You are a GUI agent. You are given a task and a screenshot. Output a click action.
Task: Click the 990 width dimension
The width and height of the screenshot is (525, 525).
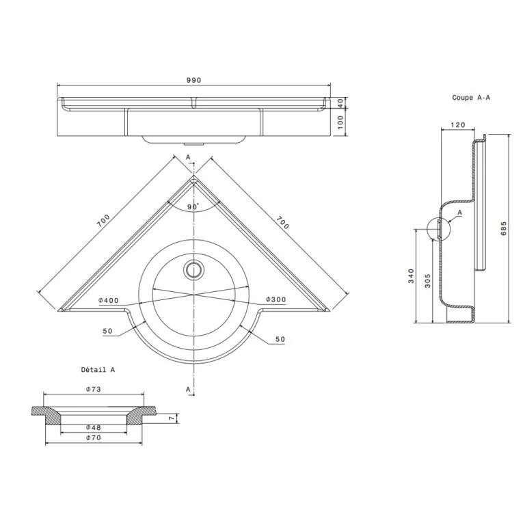point(193,80)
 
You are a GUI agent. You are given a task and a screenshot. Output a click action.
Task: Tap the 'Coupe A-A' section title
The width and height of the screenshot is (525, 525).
point(471,98)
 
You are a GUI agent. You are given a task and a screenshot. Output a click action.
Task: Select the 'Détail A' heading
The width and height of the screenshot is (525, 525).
point(98,369)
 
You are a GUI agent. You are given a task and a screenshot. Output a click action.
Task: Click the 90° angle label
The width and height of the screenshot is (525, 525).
point(193,206)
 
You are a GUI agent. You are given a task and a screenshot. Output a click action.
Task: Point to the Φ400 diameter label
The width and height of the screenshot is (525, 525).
point(109,300)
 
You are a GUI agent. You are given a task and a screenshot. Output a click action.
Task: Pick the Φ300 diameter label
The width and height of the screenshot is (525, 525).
point(276,300)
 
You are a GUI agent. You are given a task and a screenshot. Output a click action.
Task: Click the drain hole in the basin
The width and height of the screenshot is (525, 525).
point(194,269)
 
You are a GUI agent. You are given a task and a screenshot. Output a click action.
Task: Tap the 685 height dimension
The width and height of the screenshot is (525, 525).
point(504,228)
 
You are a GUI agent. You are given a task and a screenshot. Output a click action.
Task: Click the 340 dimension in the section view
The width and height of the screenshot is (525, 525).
point(411,276)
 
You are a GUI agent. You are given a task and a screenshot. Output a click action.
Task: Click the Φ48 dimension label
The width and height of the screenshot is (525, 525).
point(94,427)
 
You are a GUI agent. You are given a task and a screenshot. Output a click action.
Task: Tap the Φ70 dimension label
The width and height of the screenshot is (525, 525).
point(94,438)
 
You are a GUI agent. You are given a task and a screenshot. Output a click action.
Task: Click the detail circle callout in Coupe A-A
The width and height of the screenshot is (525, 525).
point(437,228)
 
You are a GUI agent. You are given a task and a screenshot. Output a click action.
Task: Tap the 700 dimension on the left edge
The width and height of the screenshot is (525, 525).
point(103,220)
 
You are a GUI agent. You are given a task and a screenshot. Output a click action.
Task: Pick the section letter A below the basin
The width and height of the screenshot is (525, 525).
point(188,388)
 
